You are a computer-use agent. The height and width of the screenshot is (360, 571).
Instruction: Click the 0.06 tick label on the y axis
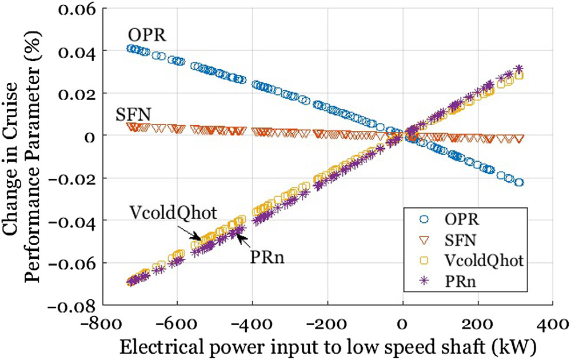pyautogui.click(x=78, y=9)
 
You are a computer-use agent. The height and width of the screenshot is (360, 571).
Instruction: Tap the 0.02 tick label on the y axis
pyautogui.click(x=78, y=94)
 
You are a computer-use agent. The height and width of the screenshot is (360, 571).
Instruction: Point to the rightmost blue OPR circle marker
pyautogui.click(x=519, y=182)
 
